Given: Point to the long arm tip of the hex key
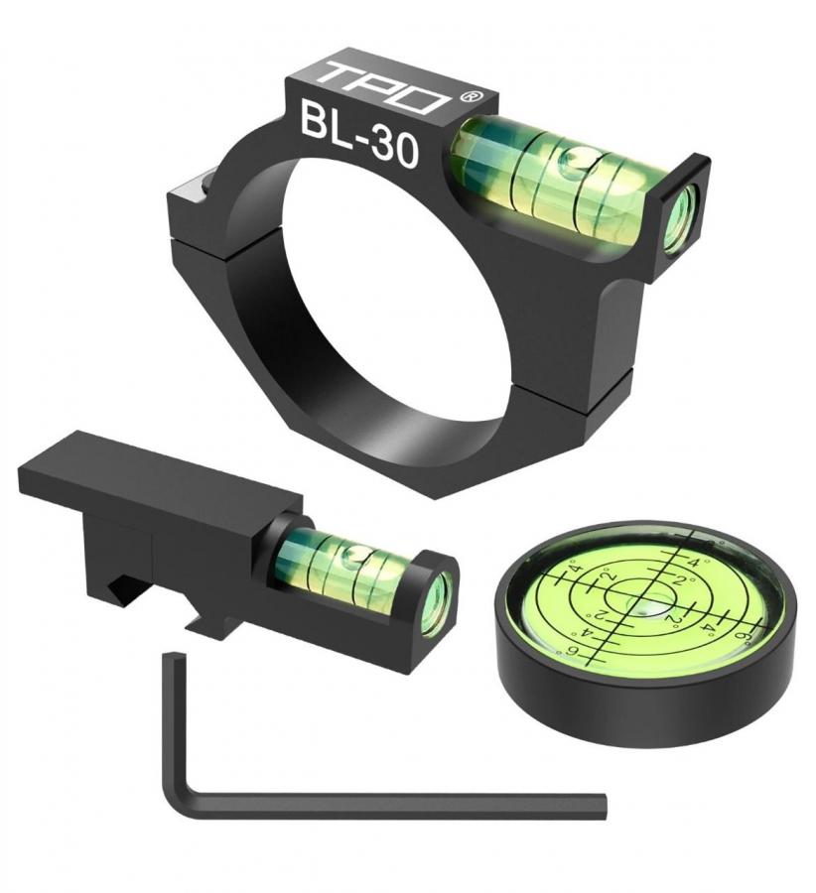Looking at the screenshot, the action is [603, 807].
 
